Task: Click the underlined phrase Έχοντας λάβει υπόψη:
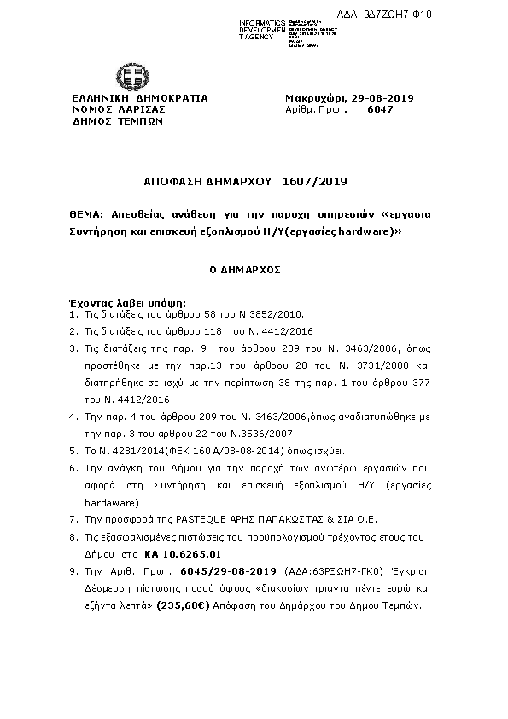(126, 303)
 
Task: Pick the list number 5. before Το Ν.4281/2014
(74, 451)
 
